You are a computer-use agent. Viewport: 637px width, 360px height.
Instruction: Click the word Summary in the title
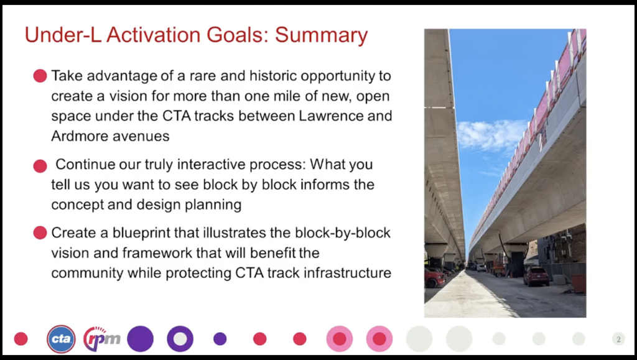click(x=322, y=35)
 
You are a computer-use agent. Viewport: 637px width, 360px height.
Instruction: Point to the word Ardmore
click(x=79, y=136)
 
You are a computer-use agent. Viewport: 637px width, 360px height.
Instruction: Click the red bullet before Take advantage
click(x=40, y=76)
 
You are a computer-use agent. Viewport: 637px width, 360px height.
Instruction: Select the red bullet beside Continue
click(x=40, y=166)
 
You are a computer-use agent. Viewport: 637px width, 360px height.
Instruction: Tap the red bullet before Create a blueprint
click(x=40, y=233)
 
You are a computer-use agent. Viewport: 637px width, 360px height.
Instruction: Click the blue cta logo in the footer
click(x=61, y=339)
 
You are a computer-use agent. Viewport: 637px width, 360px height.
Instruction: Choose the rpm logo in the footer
click(x=102, y=338)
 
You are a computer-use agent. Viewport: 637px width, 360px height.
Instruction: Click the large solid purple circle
click(x=140, y=339)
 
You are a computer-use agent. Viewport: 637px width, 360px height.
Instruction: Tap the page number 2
click(x=618, y=339)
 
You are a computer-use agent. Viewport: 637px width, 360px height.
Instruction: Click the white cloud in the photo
click(x=491, y=135)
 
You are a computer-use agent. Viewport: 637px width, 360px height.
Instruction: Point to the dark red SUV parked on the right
click(x=536, y=276)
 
